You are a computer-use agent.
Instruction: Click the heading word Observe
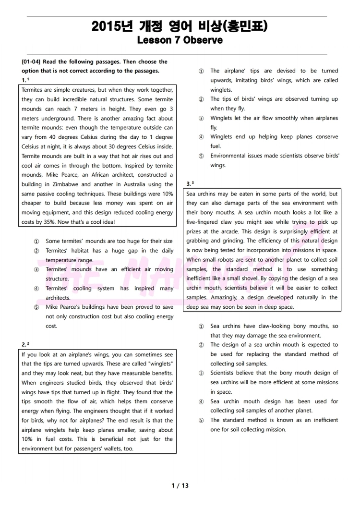click(x=203, y=40)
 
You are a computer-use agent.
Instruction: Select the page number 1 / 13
click(x=180, y=485)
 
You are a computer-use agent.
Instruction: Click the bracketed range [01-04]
click(x=32, y=62)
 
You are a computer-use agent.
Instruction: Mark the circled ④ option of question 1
click(x=36, y=289)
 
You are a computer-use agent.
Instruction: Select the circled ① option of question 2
click(x=201, y=71)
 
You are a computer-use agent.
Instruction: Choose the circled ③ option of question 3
click(x=201, y=373)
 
